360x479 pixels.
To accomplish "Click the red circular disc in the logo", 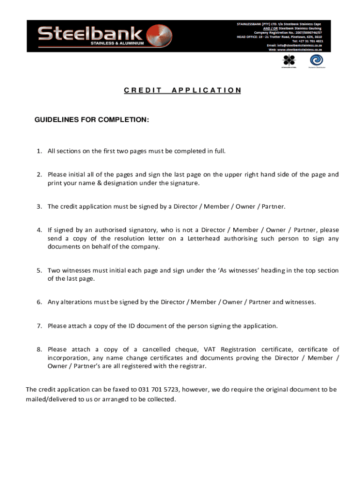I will point(156,36).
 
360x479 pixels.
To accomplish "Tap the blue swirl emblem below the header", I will point(316,60).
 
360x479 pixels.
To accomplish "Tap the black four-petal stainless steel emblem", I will point(289,60).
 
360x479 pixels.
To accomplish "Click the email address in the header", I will point(295,45).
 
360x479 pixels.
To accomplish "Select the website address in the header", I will point(295,49).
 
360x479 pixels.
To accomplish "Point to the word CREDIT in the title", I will point(143,90).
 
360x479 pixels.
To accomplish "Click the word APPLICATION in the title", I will point(206,90).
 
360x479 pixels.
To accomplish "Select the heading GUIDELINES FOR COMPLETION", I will point(92,120).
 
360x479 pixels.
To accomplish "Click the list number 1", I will point(40,151).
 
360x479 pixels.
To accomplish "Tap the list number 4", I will point(40,230).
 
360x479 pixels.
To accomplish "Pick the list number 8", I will point(40,349).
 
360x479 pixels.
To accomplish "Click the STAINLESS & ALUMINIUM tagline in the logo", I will point(117,44).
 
